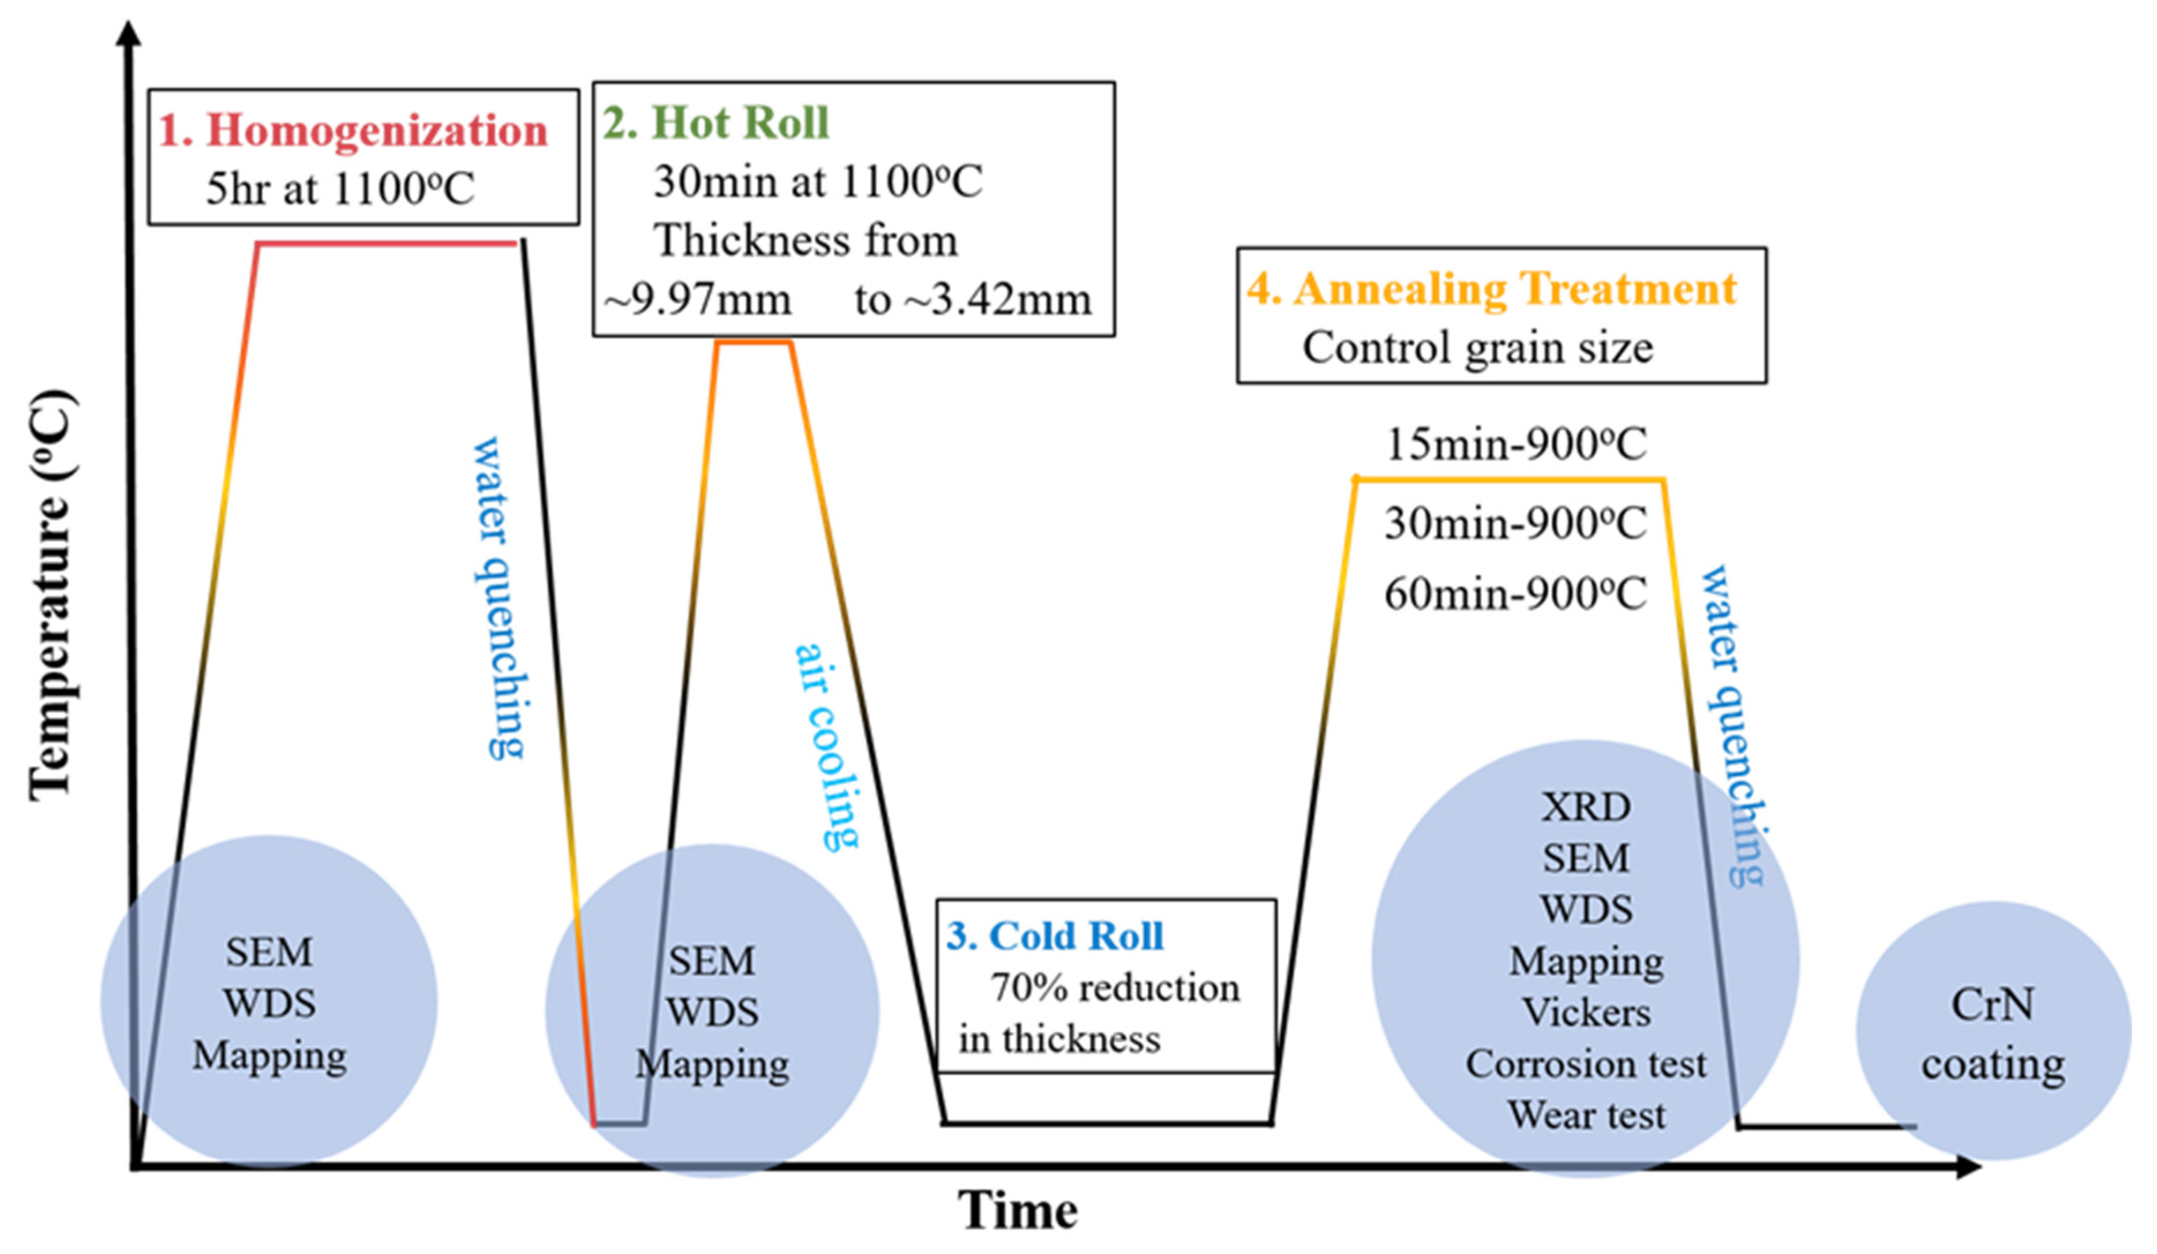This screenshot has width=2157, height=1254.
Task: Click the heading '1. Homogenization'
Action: (353, 131)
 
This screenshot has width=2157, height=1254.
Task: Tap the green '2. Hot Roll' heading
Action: (716, 122)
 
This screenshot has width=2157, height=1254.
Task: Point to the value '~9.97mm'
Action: (698, 300)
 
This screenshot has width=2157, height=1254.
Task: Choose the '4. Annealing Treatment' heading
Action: (1491, 289)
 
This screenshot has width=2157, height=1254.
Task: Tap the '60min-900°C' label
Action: (1515, 593)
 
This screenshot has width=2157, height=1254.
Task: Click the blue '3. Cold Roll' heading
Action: (1054, 935)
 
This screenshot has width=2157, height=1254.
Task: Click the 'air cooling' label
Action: (826, 746)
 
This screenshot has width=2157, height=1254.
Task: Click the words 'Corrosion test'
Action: (1586, 1064)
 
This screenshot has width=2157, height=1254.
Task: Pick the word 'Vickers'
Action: (1586, 1013)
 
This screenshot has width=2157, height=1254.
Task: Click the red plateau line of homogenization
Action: (387, 244)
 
